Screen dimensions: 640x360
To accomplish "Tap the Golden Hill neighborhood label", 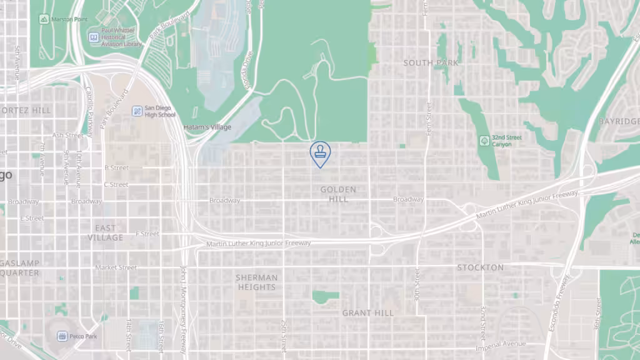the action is [338, 194].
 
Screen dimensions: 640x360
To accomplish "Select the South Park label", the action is [431, 63].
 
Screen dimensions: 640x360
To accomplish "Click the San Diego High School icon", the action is [137, 111].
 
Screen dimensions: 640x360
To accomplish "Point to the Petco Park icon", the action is [62, 336].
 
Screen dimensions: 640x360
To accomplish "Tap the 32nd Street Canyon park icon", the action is [484, 141].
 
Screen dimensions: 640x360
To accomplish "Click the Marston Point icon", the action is [44, 19].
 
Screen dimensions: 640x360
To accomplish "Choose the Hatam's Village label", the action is [207, 127].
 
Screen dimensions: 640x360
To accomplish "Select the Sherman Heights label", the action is [256, 282].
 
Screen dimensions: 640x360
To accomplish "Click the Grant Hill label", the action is [367, 313].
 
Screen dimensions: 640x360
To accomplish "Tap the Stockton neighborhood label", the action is [480, 267].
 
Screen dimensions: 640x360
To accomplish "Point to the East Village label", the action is [106, 233].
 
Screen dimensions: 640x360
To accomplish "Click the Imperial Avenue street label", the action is [501, 344].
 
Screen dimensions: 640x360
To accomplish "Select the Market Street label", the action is [116, 267].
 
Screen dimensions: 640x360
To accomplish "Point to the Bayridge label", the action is [619, 121].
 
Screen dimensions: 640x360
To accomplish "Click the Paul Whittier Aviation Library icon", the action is [94, 37].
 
